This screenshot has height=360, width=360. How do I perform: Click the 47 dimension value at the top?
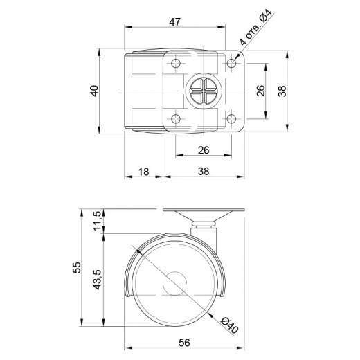(x=174, y=22)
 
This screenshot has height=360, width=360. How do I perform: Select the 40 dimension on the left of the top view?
(x=94, y=91)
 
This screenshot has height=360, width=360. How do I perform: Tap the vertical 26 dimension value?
(x=260, y=91)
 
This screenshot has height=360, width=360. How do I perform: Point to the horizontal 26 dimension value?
(x=204, y=150)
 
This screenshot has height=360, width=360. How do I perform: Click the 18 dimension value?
(x=143, y=172)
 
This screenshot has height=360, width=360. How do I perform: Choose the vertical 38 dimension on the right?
(x=282, y=91)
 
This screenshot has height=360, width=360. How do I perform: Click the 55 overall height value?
(x=77, y=267)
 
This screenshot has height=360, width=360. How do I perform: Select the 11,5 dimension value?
(x=97, y=221)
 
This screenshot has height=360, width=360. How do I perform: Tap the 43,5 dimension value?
(x=97, y=280)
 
